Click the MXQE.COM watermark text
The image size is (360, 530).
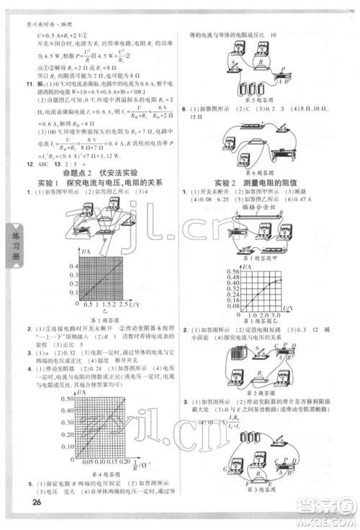pos(331,522)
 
